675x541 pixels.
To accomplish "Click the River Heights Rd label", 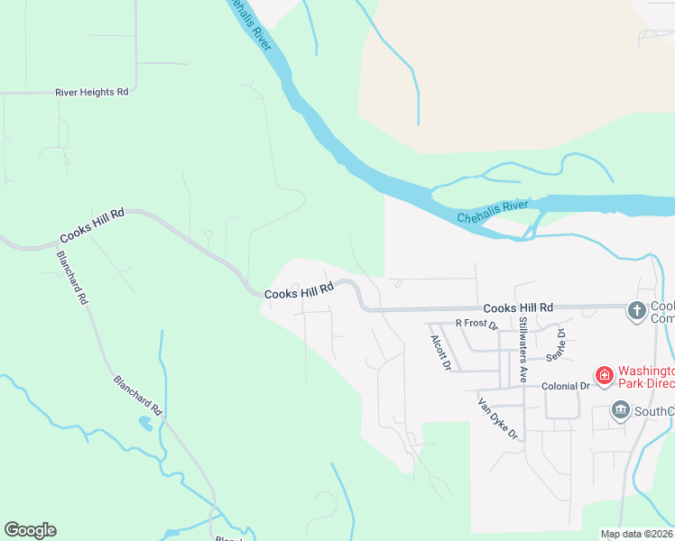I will [x=91, y=92].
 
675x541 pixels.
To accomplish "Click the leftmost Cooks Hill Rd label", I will [x=91, y=226].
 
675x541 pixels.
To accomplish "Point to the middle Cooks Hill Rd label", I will [x=299, y=291].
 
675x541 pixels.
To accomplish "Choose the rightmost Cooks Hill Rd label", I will [x=517, y=308].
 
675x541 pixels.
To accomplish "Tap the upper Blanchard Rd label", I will [x=72, y=276].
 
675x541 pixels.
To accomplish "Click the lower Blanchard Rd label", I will [x=137, y=395].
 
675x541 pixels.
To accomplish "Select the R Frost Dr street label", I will [x=476, y=323].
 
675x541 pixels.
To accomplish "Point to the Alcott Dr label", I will [x=440, y=353].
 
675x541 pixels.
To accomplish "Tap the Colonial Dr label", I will [x=565, y=385].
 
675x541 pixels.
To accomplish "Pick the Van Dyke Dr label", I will [x=498, y=419].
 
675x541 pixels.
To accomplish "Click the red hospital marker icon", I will [x=604, y=374].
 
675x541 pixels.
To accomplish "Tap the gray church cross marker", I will [x=636, y=311].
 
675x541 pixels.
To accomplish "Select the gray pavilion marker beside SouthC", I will [x=620, y=411].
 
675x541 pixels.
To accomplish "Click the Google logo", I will [x=30, y=530].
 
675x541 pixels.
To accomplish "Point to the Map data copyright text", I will [x=636, y=534].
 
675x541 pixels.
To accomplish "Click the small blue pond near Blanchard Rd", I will [x=145, y=422].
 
